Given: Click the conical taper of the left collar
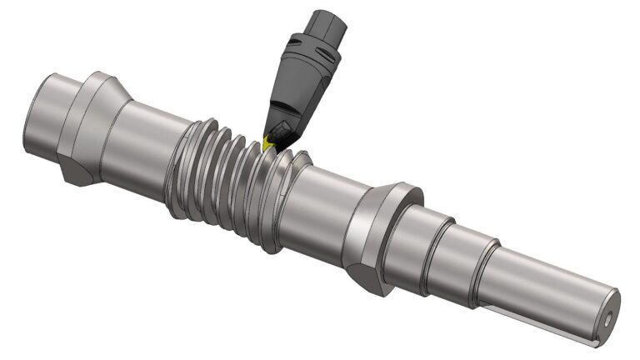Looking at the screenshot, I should [116, 88].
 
